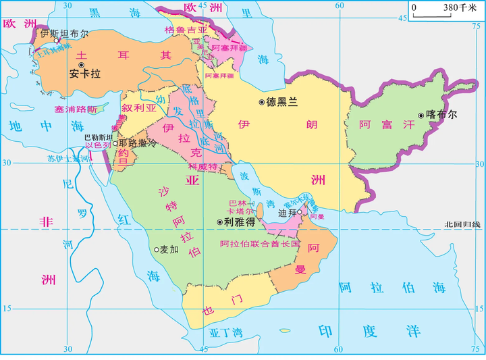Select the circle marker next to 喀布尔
(422, 115)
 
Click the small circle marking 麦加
(156, 249)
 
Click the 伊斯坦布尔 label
(64, 32)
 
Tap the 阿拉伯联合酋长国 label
(259, 243)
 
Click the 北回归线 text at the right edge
(464, 224)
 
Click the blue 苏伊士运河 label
(68, 159)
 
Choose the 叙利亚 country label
(139, 108)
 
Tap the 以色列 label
(97, 145)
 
